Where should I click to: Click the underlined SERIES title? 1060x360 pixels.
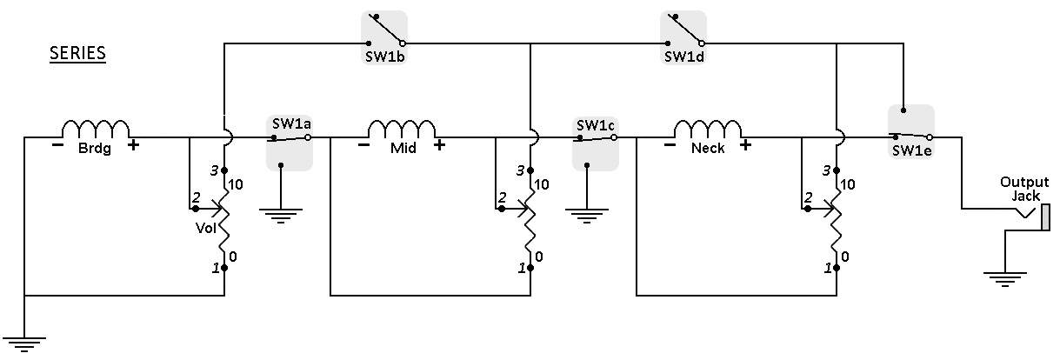(x=77, y=53)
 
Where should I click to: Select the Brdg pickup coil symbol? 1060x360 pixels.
(x=95, y=129)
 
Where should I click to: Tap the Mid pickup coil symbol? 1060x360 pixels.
(x=401, y=129)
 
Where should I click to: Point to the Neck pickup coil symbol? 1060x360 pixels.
(x=708, y=129)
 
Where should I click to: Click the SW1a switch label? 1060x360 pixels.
(x=291, y=124)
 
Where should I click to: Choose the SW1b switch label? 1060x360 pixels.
(x=384, y=57)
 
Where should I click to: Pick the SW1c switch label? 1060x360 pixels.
(x=596, y=126)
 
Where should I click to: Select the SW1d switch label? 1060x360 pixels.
(x=683, y=57)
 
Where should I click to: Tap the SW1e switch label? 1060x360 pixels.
(x=912, y=151)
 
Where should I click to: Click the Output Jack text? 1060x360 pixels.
(x=1024, y=189)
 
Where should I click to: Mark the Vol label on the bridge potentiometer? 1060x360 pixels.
(x=206, y=229)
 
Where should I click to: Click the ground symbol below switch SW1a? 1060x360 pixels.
(x=281, y=217)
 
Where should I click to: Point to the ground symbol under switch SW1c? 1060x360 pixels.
(x=587, y=217)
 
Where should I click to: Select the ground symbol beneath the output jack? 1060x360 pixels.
(x=1005, y=280)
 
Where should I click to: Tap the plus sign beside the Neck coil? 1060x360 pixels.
(x=745, y=144)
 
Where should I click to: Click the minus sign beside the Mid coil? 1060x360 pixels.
(x=363, y=144)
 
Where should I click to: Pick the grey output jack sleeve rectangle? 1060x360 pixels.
(x=1046, y=217)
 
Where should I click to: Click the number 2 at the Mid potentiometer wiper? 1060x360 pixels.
(x=502, y=197)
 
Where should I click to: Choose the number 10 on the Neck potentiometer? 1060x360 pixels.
(x=847, y=184)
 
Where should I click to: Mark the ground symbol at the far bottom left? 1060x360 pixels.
(x=24, y=345)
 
